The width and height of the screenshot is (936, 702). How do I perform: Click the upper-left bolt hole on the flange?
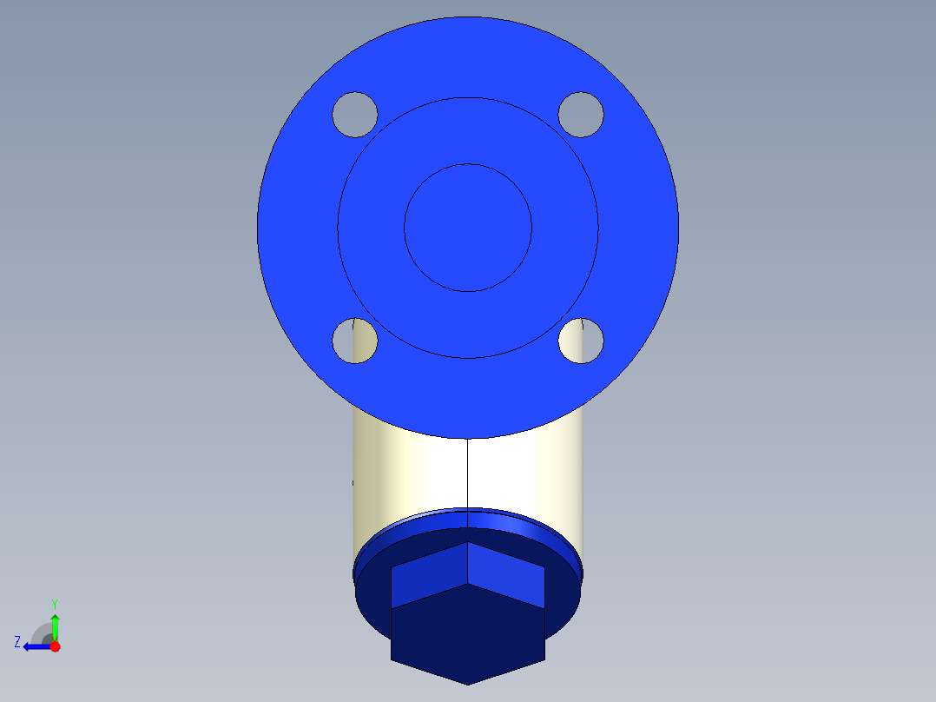354,114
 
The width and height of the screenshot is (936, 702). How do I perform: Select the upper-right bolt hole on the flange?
580,114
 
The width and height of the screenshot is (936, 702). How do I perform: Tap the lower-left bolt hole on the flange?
354,341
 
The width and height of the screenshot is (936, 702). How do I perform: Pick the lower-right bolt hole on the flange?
580,341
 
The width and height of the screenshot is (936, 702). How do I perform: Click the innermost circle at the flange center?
468,228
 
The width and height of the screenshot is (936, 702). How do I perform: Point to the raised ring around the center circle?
468,130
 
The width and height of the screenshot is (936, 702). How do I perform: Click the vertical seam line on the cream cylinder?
468,474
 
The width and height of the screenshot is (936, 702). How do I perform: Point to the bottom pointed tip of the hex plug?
468,682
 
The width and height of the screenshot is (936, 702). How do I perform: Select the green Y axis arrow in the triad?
55,626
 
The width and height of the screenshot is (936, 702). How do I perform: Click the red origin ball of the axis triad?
55,646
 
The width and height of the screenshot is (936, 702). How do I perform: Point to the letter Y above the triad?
54,603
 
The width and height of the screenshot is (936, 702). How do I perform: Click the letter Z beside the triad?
17,642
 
